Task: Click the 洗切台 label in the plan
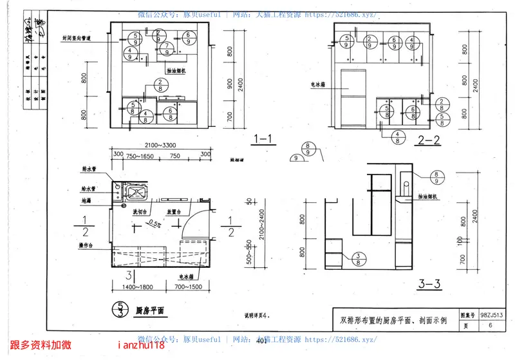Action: [x=140, y=212]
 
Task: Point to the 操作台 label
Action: [x=87, y=245]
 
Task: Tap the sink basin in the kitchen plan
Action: [x=136, y=191]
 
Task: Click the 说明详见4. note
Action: [x=257, y=315]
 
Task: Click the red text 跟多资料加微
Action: [x=41, y=346]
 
